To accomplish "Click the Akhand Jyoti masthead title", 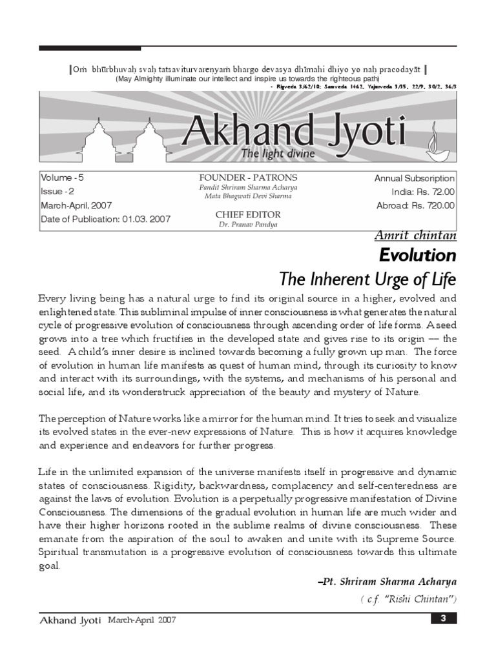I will (294, 131).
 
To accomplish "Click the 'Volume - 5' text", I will (62, 178).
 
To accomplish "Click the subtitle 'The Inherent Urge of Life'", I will (367, 280).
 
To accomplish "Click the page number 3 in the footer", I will (443, 619).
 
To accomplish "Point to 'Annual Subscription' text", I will (415, 178).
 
